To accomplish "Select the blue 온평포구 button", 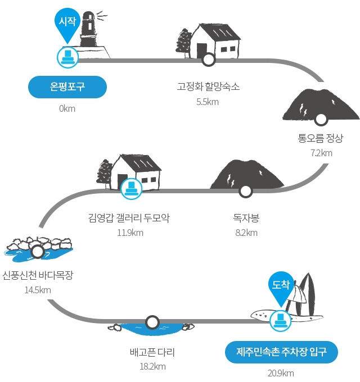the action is (x=67, y=87).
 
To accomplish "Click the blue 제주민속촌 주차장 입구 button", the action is (x=281, y=352).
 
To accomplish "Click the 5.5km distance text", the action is (x=208, y=102).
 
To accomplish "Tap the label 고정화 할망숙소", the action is (x=208, y=87).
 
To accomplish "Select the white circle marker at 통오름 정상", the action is (x=321, y=119).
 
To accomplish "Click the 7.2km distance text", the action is (x=321, y=153).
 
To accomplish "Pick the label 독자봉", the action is (x=246, y=217).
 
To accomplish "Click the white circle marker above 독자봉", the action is (x=245, y=192).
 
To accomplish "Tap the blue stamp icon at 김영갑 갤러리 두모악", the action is (x=132, y=189).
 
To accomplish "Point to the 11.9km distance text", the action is (x=130, y=233).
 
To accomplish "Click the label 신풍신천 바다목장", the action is (x=38, y=275).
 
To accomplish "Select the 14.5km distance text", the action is (x=38, y=290).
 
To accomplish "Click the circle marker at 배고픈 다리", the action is (x=152, y=322).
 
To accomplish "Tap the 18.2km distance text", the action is (x=152, y=366).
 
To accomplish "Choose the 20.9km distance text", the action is (x=281, y=373).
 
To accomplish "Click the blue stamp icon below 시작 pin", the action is (x=67, y=57).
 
